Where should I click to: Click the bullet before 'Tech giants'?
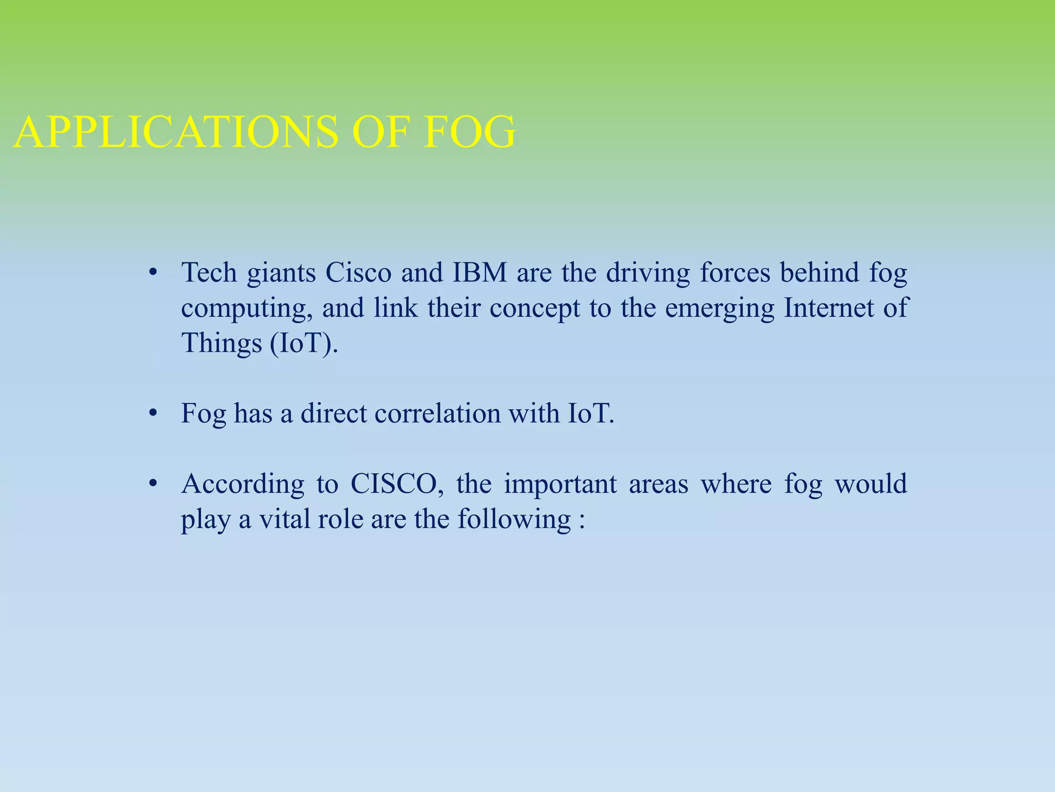click(x=152, y=273)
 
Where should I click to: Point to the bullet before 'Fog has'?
click(x=152, y=414)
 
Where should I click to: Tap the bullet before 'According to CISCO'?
click(x=152, y=484)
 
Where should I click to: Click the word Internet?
click(x=829, y=308)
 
